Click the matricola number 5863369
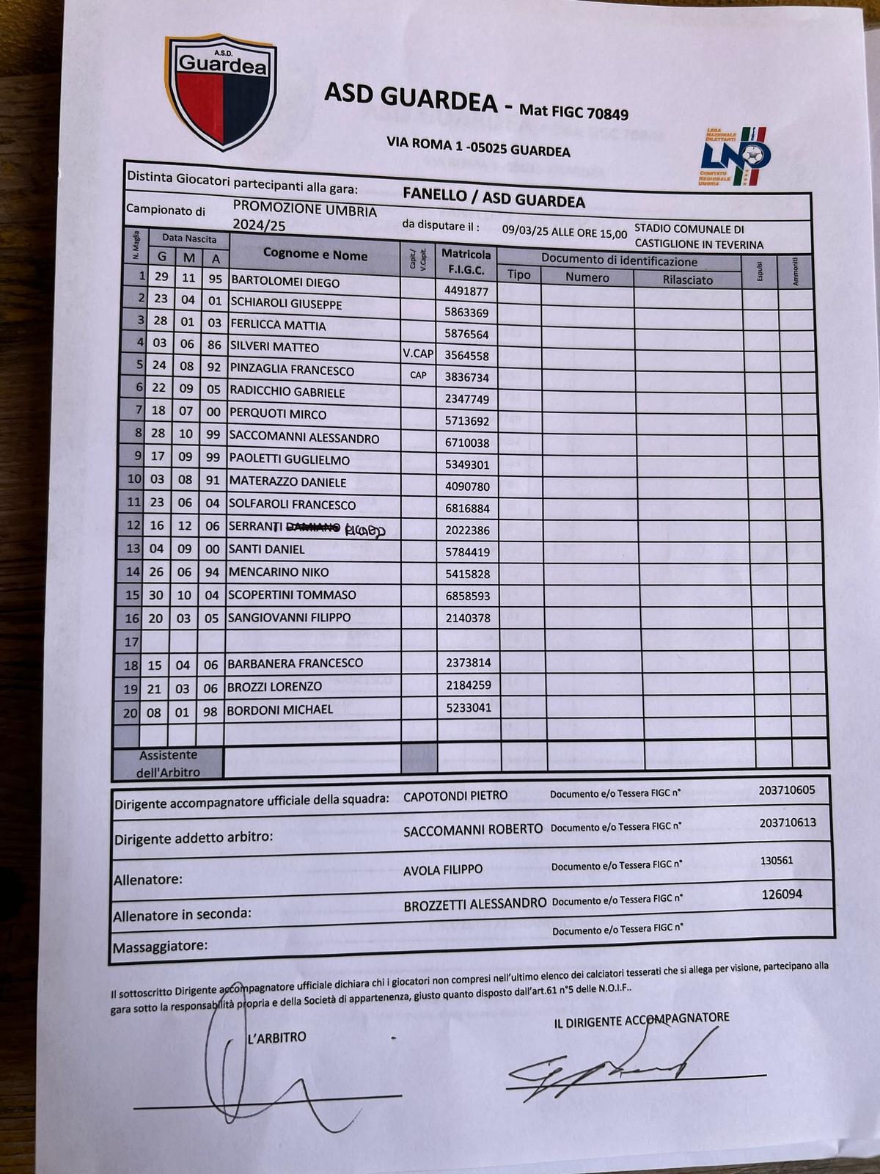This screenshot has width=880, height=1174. pyautogui.click(x=466, y=313)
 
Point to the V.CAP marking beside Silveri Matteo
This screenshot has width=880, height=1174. pyautogui.click(x=419, y=354)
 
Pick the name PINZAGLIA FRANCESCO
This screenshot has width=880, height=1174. pyautogui.click(x=292, y=370)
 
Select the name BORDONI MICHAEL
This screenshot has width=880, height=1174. pyautogui.click(x=280, y=710)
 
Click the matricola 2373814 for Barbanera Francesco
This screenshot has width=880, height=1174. pyautogui.click(x=469, y=663)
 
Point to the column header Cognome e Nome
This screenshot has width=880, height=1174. pyautogui.click(x=315, y=255)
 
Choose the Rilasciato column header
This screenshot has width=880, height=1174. pyautogui.click(x=687, y=280)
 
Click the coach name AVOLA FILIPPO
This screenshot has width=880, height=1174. pyautogui.click(x=443, y=869)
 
